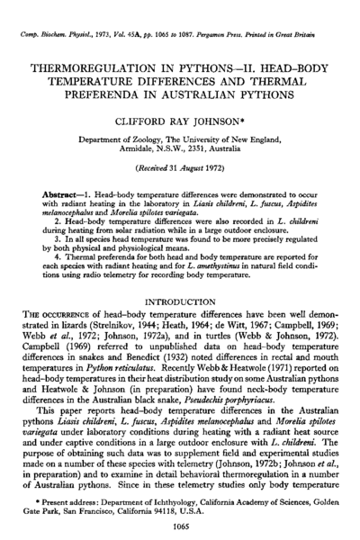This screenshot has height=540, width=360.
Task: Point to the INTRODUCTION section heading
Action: tap(180, 291)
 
